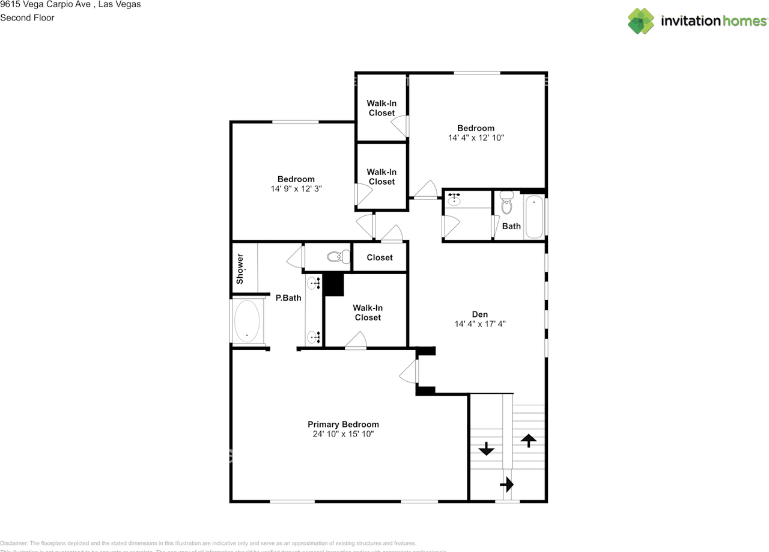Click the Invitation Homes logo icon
[641, 21]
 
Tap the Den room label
[479, 314]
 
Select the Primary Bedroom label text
[343, 424]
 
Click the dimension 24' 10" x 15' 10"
[343, 434]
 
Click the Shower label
[240, 269]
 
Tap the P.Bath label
[288, 298]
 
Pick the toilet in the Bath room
[508, 203]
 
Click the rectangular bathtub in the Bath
[533, 216]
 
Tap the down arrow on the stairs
[485, 449]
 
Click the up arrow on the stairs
[528, 441]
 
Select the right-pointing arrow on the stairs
[507, 483]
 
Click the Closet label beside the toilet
[380, 257]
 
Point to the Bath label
[511, 226]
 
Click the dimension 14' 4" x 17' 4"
[479, 324]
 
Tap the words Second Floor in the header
[27, 17]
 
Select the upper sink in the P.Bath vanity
[314, 282]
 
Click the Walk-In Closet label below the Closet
[368, 313]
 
